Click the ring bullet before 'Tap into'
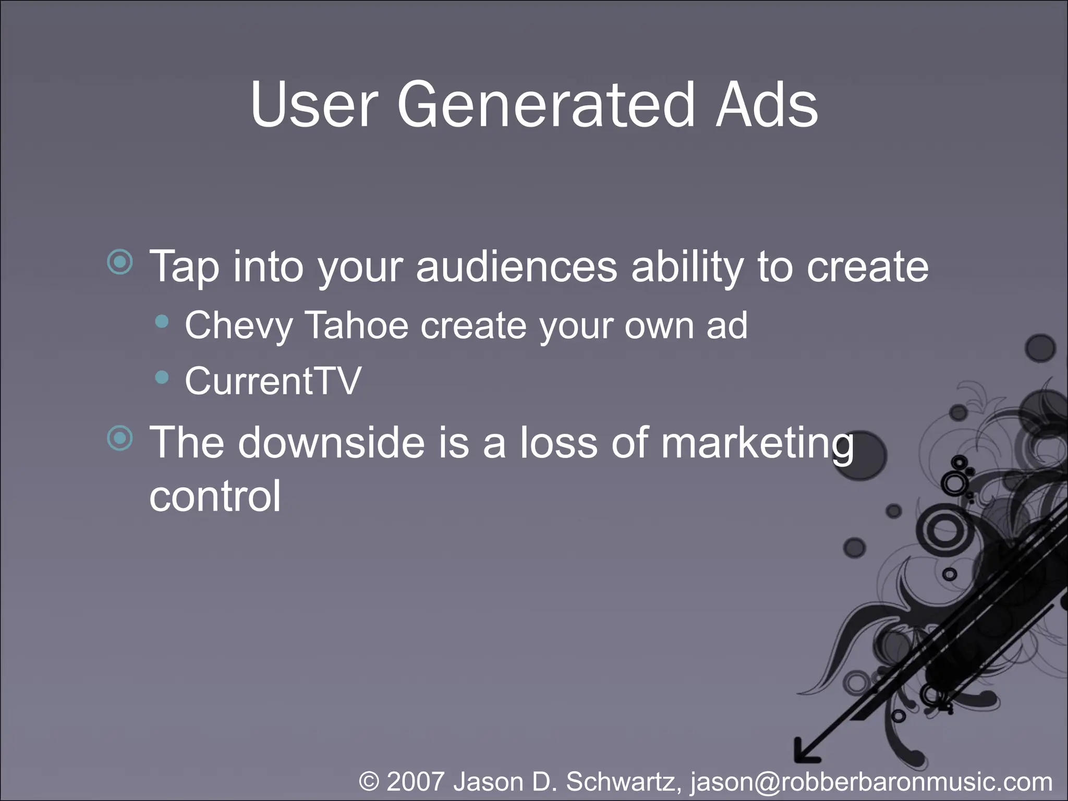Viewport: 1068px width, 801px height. pos(120,262)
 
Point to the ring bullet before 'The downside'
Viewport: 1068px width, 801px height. pos(120,438)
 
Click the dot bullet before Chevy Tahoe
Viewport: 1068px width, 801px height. pos(162,322)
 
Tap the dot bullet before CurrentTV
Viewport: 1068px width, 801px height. pos(162,377)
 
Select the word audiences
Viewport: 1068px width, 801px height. pos(516,266)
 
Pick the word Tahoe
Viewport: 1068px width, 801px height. pos(356,325)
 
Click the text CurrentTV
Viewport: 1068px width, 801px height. pos(273,381)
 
